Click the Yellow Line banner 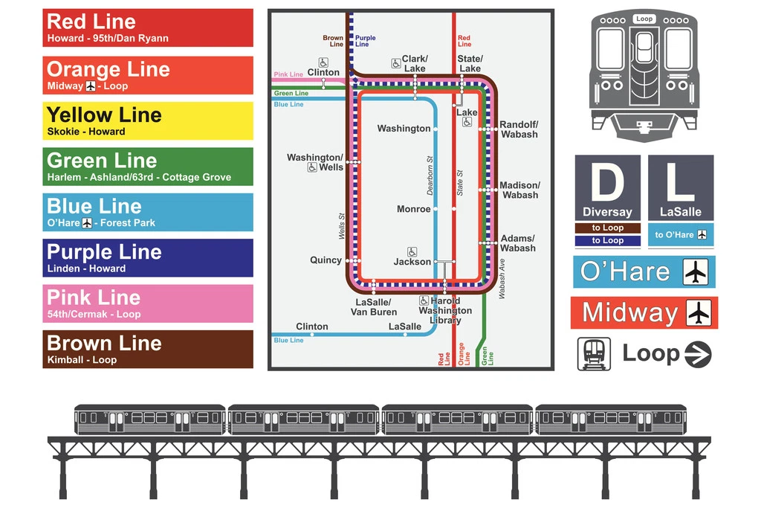pyautogui.click(x=148, y=120)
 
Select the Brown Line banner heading pyautogui.click(x=104, y=344)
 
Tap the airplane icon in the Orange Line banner pyautogui.click(x=91, y=86)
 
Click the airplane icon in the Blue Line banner pyautogui.click(x=87, y=223)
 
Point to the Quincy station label pyautogui.click(x=326, y=260)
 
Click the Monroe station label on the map pyautogui.click(x=413, y=209)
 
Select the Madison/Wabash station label pyautogui.click(x=519, y=190)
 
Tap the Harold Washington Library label pyautogui.click(x=445, y=310)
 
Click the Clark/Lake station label pyautogui.click(x=415, y=64)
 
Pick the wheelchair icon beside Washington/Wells pyautogui.click(x=312, y=167)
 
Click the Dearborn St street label pyautogui.click(x=430, y=176)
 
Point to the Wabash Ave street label pyautogui.click(x=502, y=279)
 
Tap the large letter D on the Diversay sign pyautogui.click(x=608, y=182)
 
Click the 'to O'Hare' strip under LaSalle pyautogui.click(x=681, y=234)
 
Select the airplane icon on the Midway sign pyautogui.click(x=699, y=313)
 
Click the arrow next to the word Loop pyautogui.click(x=698, y=354)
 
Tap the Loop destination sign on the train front pyautogui.click(x=644, y=19)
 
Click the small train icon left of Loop pyautogui.click(x=594, y=354)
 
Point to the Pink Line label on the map pyautogui.click(x=288, y=74)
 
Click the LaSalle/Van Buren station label pyautogui.click(x=374, y=307)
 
